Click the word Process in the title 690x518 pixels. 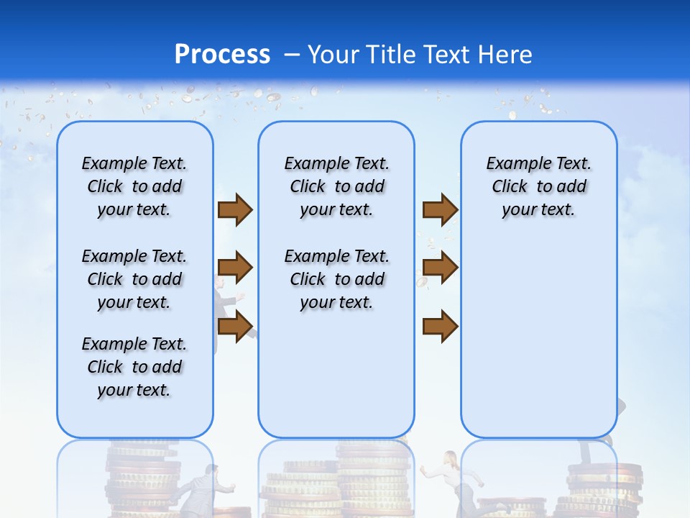(222, 54)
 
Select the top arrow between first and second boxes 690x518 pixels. (234, 209)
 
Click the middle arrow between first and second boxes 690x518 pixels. (234, 268)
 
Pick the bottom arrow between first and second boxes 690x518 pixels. (234, 326)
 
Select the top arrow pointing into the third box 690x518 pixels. (440, 209)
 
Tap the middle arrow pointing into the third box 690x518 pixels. (440, 268)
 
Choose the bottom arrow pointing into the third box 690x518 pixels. (440, 326)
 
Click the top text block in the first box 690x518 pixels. (134, 186)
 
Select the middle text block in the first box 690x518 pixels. (134, 279)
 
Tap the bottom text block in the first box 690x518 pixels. (134, 367)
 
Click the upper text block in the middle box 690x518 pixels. (336, 186)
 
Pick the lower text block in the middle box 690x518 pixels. (336, 279)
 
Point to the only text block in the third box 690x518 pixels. (538, 186)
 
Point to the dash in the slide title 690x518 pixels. (292, 55)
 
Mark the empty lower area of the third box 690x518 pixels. (538, 338)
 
